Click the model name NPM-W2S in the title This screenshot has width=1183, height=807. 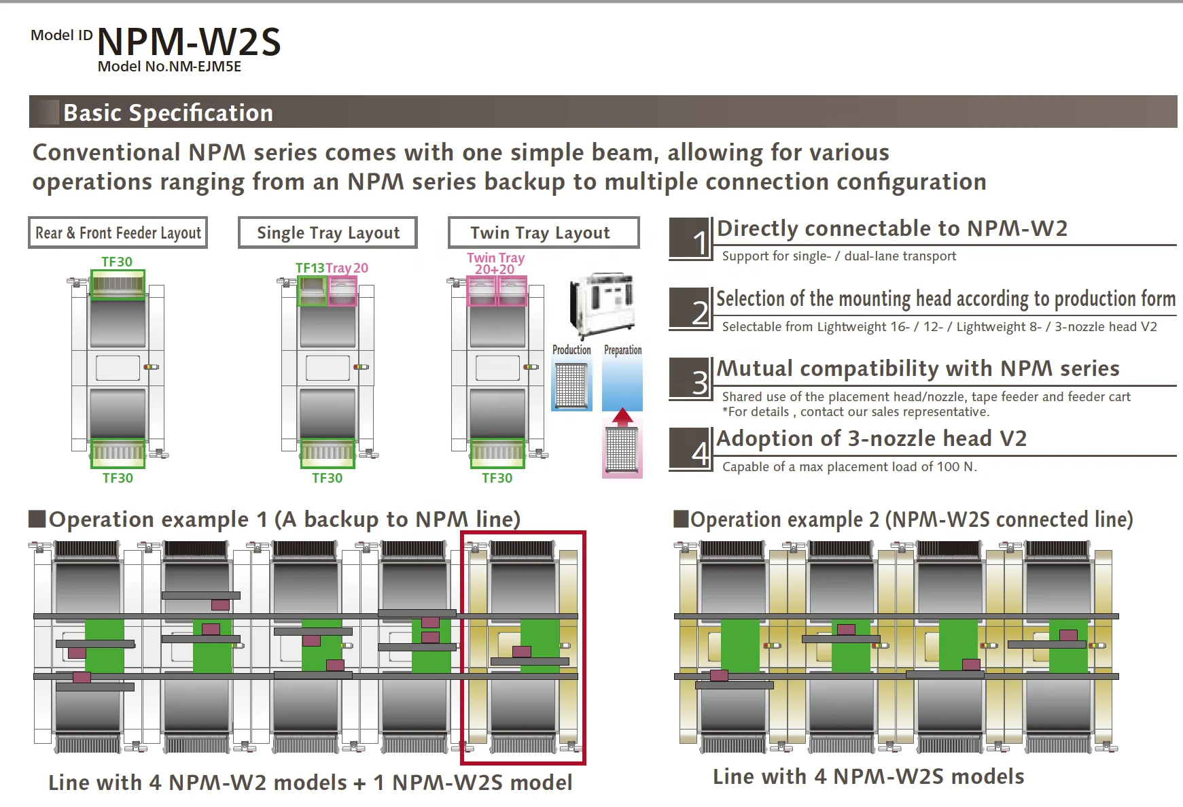point(189,42)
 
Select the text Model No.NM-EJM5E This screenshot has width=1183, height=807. point(169,67)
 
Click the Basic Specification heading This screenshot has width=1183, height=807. point(168,113)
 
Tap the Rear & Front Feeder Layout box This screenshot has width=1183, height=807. point(118,233)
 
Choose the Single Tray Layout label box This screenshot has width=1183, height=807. point(328,233)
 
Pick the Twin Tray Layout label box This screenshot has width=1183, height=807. point(543,233)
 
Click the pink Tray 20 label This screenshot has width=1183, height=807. point(347,268)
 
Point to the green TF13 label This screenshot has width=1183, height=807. point(310,268)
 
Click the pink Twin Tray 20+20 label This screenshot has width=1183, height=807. point(495,263)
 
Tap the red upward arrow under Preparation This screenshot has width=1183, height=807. point(622,417)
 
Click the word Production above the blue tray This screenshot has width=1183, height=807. point(571,349)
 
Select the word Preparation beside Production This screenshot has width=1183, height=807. point(622,349)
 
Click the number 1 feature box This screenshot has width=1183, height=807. point(690,239)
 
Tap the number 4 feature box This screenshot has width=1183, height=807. point(690,449)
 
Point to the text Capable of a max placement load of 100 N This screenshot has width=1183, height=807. point(849,467)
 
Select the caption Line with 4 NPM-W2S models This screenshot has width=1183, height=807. point(868,776)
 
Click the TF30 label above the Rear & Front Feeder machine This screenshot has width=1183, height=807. point(117,262)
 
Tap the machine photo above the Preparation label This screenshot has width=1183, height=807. point(602,304)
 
